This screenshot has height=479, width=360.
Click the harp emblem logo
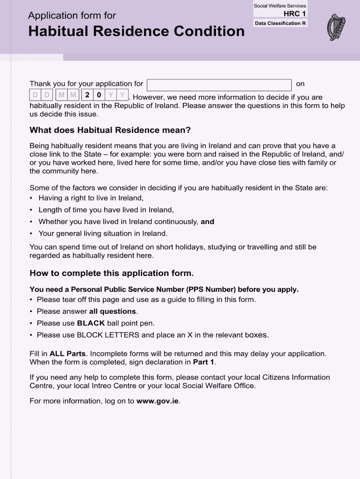pos(336,27)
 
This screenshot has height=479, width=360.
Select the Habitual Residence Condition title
pos(136,32)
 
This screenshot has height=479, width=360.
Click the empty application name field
pos(219,85)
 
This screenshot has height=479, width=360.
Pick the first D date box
pos(36,95)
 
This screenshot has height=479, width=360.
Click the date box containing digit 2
pos(87,95)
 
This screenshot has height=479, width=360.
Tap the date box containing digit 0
pos(99,95)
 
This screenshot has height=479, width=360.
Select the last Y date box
pos(122,95)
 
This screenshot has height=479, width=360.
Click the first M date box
pos(61,95)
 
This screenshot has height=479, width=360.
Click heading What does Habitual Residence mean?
pos(110,130)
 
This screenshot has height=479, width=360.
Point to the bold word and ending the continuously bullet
pos(207,222)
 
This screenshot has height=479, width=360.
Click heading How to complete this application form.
pos(111,273)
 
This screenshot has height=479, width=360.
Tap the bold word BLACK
pos(91,323)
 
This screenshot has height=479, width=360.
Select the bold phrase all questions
pos(113,312)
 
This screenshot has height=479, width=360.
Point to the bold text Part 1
pos(204,362)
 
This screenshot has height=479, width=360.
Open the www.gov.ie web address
pos(158,401)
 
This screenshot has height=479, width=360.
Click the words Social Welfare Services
pos(280,6)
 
